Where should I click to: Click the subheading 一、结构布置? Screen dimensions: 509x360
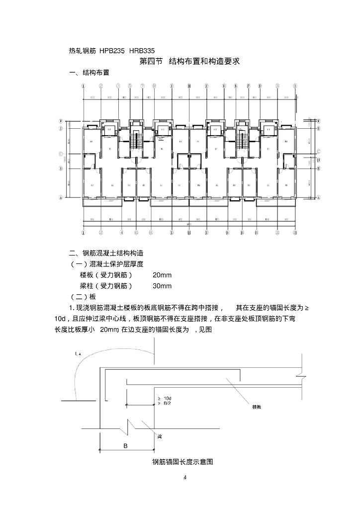[90, 73]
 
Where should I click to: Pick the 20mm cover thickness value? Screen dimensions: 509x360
[162, 275]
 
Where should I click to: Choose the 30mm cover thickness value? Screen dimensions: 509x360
[162, 286]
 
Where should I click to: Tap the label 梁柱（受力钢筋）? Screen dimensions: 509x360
[106, 286]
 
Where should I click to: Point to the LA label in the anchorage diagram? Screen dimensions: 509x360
[77, 353]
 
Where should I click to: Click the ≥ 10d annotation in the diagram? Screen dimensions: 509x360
[164, 399]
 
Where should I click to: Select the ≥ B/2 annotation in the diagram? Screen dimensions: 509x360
[164, 404]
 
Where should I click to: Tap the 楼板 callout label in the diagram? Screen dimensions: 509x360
[257, 407]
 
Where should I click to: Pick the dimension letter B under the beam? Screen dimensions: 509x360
[125, 446]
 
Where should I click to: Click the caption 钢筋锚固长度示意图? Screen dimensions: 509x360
[182, 462]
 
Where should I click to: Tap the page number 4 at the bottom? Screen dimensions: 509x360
[185, 478]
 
